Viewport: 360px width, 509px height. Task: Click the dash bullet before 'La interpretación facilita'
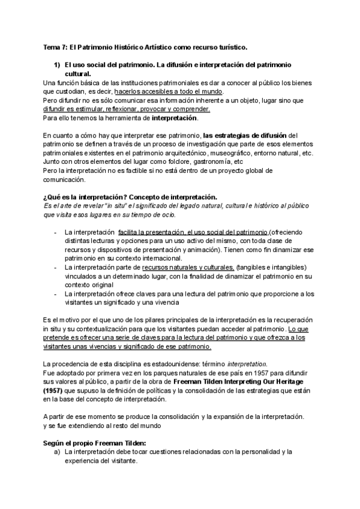click(x=56, y=232)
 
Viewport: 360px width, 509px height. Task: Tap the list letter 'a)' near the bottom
click(x=57, y=452)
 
